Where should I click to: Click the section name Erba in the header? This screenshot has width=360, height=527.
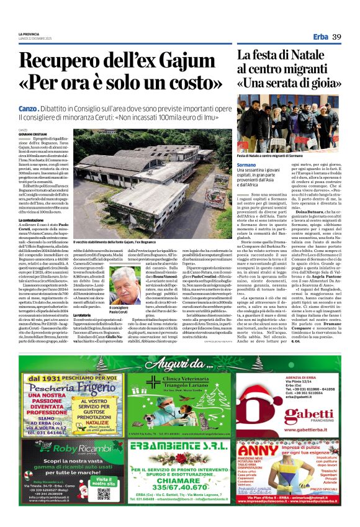coord(321,37)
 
